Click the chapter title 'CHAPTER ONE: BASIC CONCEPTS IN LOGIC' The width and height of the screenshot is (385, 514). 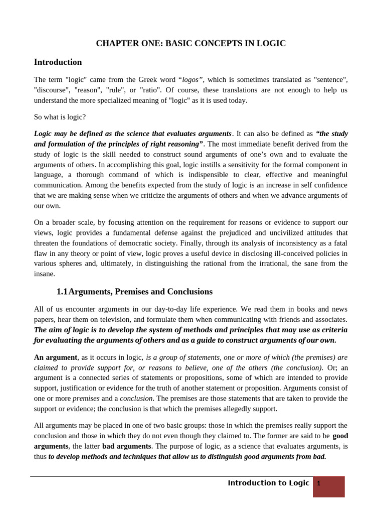[191, 44]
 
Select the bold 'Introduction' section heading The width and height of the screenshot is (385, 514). [58, 62]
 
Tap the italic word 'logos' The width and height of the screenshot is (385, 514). [190, 80]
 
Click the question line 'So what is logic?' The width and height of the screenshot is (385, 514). [60, 117]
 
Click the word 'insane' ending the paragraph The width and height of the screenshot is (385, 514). [44, 274]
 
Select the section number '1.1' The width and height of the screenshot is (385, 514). [62, 292]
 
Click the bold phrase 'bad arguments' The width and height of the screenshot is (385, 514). [126, 446]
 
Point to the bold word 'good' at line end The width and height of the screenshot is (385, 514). [340, 436]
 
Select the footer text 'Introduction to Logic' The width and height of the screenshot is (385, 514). [268, 483]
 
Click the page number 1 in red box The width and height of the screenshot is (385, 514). [318, 484]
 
